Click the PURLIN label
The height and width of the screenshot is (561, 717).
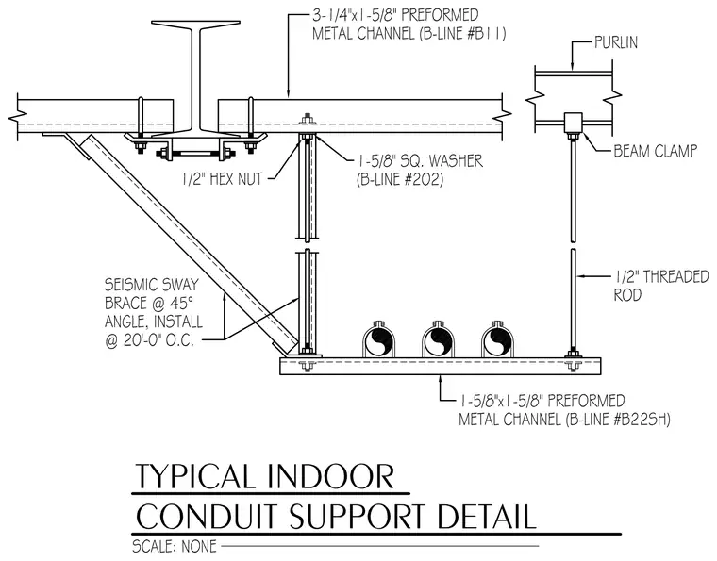(615, 42)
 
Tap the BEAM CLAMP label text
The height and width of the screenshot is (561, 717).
(656, 151)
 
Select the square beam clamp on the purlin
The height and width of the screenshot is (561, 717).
(573, 122)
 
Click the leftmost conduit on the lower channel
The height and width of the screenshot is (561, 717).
(378, 341)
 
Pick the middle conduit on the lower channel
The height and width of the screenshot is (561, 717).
(438, 341)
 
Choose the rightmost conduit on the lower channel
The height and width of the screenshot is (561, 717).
(497, 341)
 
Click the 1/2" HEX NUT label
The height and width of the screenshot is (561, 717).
(223, 178)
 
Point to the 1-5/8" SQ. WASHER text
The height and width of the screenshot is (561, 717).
(419, 161)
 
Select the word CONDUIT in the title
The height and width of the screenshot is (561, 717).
(207, 517)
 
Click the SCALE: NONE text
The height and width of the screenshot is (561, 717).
(175, 546)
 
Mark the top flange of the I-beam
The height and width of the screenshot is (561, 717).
(195, 24)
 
